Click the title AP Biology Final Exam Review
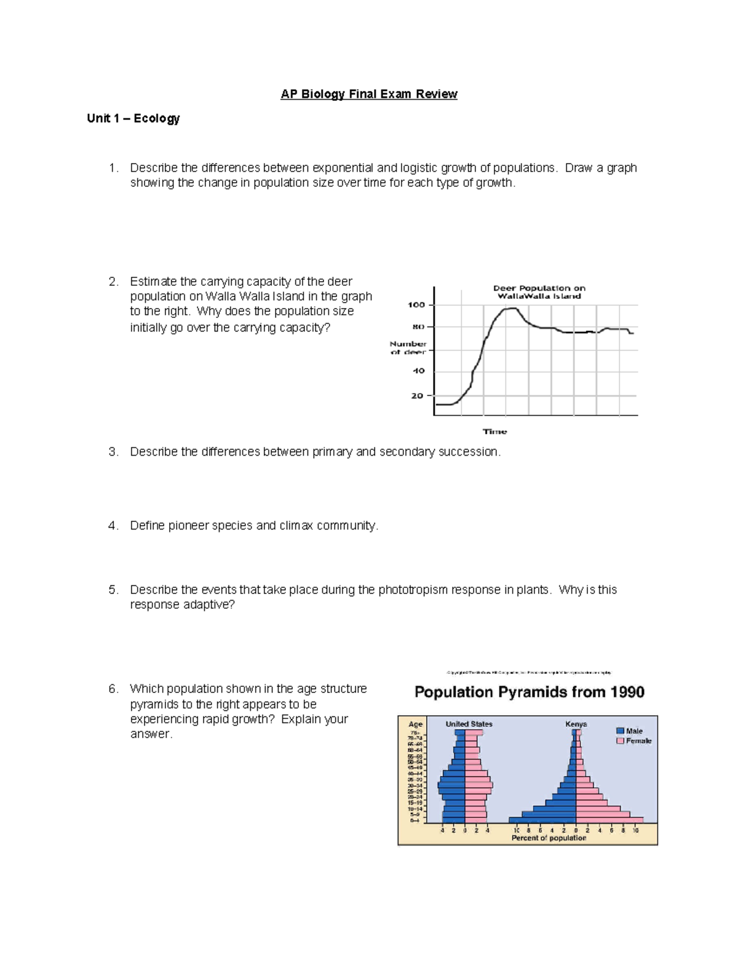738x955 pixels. tap(369, 94)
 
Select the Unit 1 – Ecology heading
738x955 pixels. tap(133, 118)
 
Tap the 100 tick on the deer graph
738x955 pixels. tap(416, 305)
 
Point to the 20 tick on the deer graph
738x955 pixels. tap(418, 396)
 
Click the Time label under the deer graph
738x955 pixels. tap(494, 432)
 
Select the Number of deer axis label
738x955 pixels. tap(408, 348)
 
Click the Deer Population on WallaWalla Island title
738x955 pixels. tap(539, 292)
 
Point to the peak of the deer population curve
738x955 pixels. tap(511, 309)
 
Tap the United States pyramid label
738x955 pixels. tap(469, 724)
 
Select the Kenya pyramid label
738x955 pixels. tap(576, 724)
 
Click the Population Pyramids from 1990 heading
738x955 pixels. tap(529, 692)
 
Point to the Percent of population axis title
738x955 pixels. tap(549, 838)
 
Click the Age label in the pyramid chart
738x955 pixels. tap(416, 724)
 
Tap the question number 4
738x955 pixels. tap(113, 526)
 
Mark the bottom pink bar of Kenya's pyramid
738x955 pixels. tap(609, 820)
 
